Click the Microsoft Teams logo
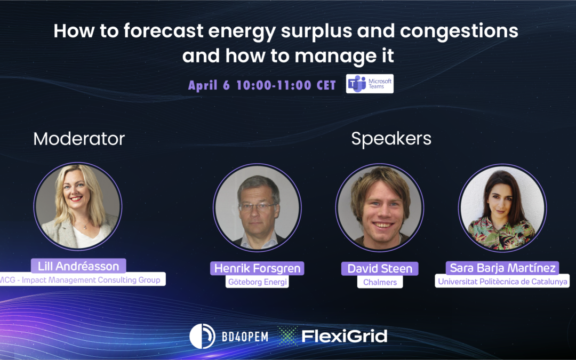tap(370, 84)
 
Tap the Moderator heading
tap(79, 139)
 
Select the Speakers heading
tap(391, 139)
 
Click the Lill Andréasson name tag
tap(78, 266)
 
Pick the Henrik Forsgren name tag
tap(257, 268)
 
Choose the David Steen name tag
tap(380, 268)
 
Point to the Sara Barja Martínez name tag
tap(502, 268)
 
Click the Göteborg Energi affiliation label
tap(257, 282)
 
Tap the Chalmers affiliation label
tap(380, 282)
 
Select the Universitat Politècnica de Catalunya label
tap(502, 282)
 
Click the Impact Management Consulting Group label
tap(81, 279)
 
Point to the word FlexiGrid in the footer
tap(344, 336)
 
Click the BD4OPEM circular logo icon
tap(202, 336)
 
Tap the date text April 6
tap(209, 85)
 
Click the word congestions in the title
tap(459, 31)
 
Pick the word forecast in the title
tap(163, 30)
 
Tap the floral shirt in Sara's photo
tap(501, 234)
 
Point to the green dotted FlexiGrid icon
tap(287, 336)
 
